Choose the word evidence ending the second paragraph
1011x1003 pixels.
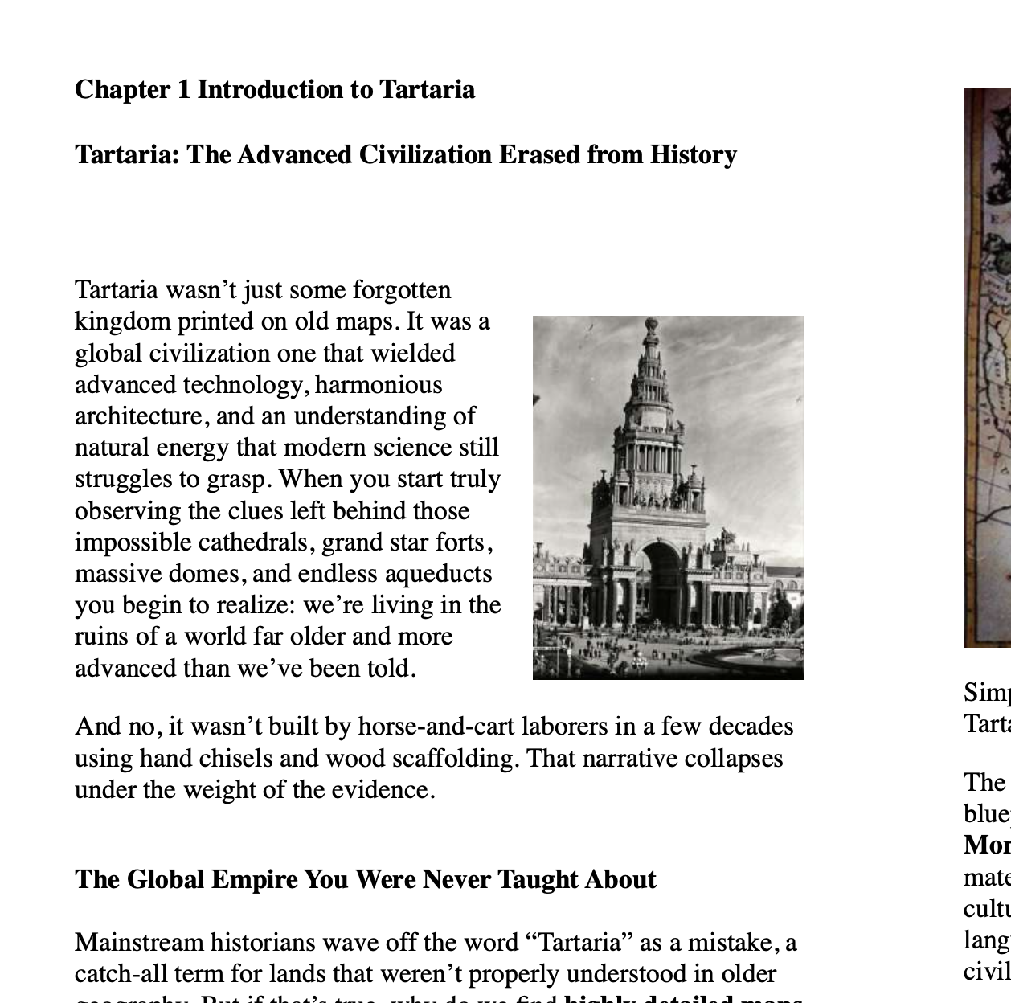[x=389, y=790]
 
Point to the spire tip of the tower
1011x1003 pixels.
[x=651, y=321]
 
